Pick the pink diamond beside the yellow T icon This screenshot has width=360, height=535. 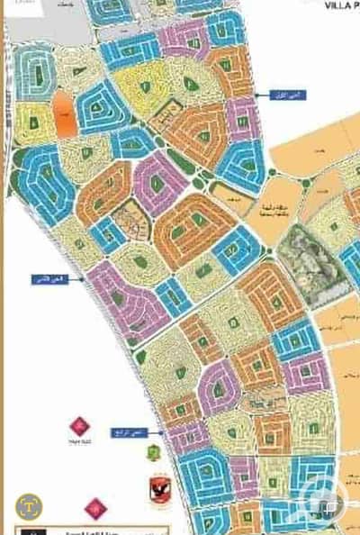point(90,505)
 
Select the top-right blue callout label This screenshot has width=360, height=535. point(270,94)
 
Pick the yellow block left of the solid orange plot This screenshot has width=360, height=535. point(32,122)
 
